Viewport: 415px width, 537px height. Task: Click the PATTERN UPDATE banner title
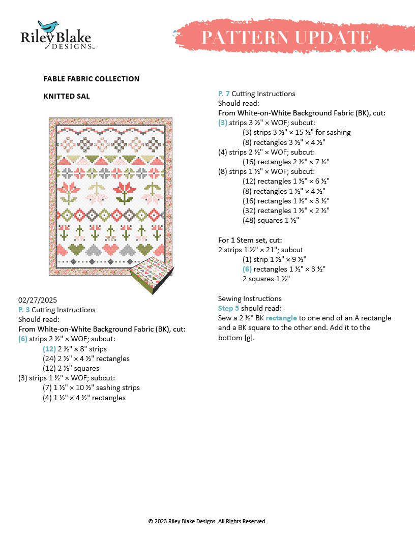click(x=286, y=37)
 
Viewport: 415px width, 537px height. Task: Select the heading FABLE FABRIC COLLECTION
click(x=92, y=79)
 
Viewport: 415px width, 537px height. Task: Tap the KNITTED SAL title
click(x=67, y=96)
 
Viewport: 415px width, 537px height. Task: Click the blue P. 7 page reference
click(x=224, y=94)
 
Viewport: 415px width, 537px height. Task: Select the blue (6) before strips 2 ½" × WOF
click(x=22, y=339)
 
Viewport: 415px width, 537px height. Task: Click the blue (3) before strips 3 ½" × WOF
click(x=222, y=123)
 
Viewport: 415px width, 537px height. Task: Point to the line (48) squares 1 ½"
click(x=270, y=220)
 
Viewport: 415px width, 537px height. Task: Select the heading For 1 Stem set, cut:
click(x=250, y=240)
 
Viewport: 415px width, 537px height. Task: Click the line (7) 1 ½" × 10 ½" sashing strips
click(x=91, y=387)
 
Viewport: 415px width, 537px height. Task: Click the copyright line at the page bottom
click(x=207, y=521)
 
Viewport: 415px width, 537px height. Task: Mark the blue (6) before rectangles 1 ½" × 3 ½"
click(x=247, y=268)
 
